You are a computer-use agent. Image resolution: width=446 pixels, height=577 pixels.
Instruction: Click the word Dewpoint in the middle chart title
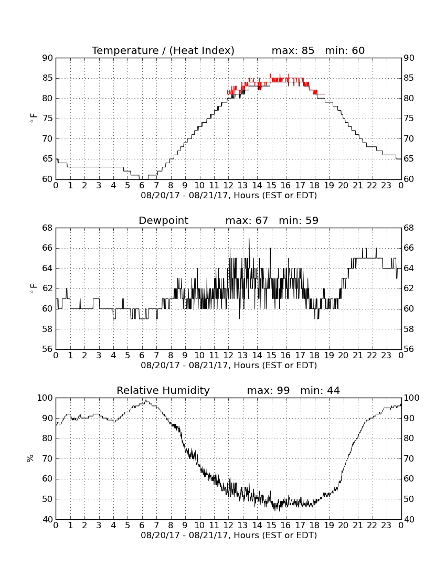[163, 220]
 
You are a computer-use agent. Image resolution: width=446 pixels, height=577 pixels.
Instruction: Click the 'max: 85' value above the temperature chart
[293, 50]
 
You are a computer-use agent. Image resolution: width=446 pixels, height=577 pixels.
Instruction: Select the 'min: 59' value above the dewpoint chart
[299, 220]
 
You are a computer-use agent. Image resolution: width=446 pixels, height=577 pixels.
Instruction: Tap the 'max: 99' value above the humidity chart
[268, 390]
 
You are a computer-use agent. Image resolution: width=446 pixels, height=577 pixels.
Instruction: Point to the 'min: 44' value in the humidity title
[320, 390]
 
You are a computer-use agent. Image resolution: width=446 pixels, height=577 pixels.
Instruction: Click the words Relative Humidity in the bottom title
[163, 390]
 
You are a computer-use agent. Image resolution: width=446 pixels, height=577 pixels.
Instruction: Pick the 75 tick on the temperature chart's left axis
[48, 119]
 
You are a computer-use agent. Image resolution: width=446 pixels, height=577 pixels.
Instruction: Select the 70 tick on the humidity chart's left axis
[48, 458]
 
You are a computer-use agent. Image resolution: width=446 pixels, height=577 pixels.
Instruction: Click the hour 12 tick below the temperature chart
[228, 186]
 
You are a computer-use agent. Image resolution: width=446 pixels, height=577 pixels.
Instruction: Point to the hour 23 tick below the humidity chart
[386, 526]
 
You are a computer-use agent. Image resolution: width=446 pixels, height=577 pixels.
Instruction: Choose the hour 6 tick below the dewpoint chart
[142, 356]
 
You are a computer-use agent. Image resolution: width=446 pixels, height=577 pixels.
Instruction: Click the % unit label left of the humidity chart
[30, 458]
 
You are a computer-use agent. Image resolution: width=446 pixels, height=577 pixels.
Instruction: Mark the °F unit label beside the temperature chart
[33, 119]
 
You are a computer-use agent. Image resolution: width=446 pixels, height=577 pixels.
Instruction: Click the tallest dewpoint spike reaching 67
[249, 239]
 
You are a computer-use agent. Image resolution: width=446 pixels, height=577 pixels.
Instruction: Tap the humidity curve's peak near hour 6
[146, 401]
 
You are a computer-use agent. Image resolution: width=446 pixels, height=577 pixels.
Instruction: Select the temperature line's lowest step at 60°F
[144, 179]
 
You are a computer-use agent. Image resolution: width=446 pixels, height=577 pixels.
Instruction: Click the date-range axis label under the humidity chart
[229, 535]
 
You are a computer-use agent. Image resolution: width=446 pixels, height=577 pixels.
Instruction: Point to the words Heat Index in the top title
[201, 50]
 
